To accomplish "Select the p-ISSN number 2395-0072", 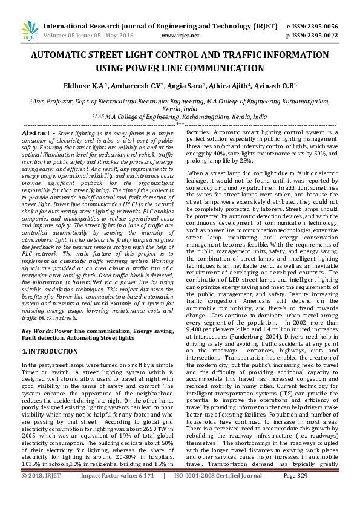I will pos(323,36).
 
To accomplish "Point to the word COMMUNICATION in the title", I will pos(229,68).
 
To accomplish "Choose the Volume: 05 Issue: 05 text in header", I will pos(85,36).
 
